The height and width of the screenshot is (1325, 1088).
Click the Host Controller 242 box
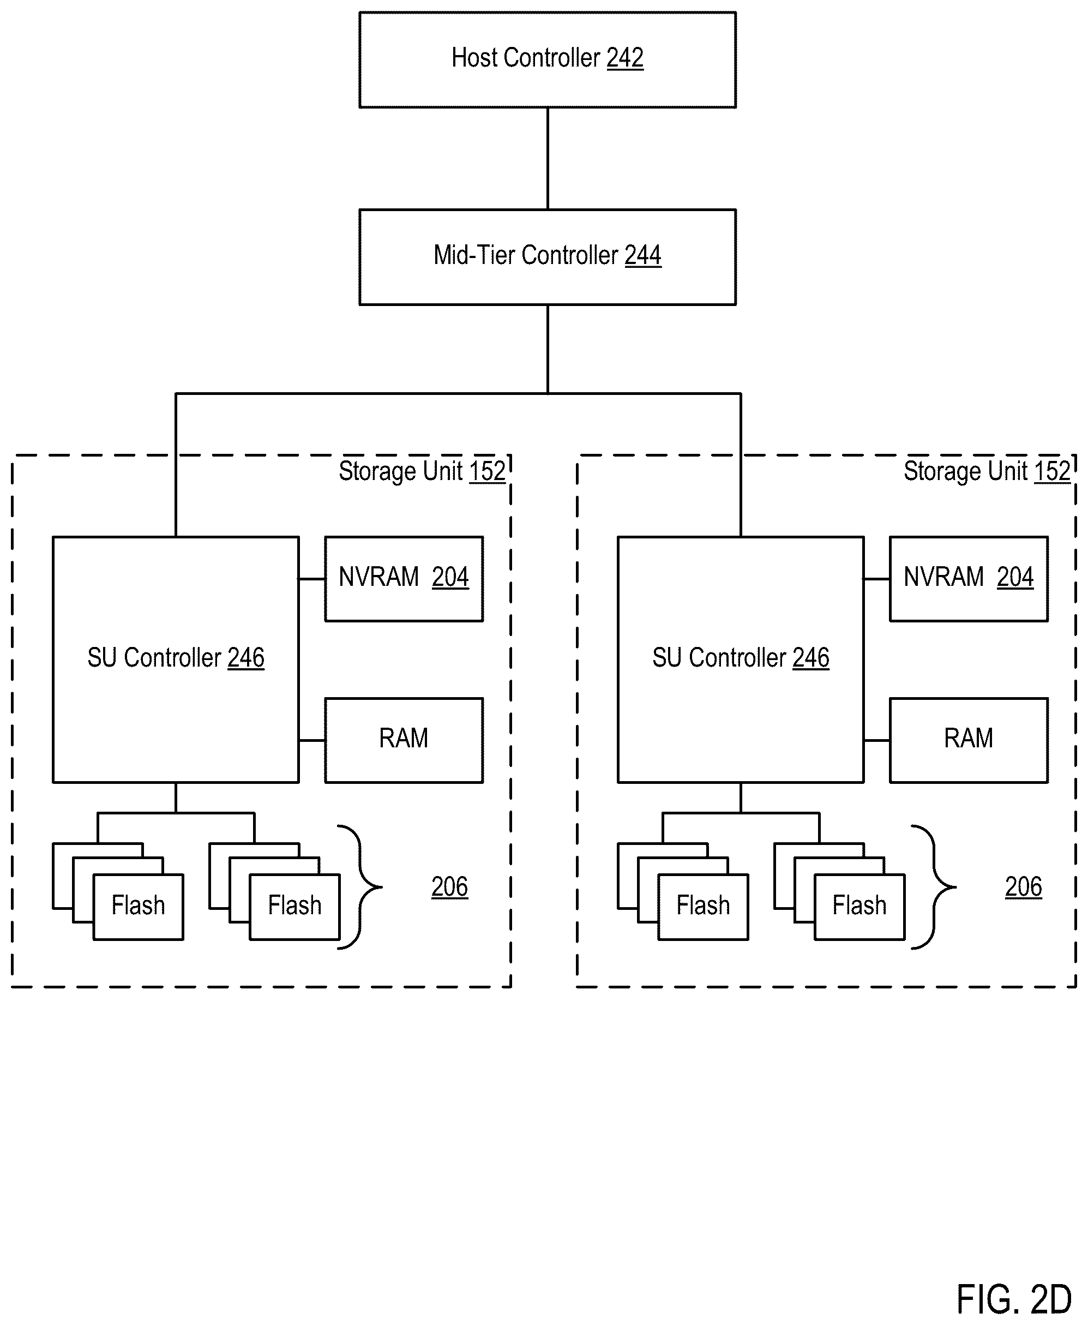coord(547,59)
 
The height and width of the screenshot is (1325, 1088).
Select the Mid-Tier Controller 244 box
coord(547,257)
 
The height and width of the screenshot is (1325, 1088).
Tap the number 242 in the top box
coord(625,58)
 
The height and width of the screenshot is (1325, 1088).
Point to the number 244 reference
coord(642,256)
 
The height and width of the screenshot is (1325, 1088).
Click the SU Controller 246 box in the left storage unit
coord(176,659)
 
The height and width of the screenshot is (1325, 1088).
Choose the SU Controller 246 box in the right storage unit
coord(741,659)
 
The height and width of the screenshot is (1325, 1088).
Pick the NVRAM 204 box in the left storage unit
coord(404,579)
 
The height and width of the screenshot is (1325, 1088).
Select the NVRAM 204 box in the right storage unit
coord(969,579)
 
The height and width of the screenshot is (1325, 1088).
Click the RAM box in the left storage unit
coord(404,740)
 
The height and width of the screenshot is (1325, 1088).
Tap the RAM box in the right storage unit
coord(969,740)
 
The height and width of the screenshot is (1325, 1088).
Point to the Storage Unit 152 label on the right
coord(987,471)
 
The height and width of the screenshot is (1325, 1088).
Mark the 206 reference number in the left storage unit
coord(449,887)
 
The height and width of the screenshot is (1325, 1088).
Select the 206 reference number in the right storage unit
coord(1024,887)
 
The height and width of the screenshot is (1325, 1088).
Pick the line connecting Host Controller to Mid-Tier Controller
coord(548,159)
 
